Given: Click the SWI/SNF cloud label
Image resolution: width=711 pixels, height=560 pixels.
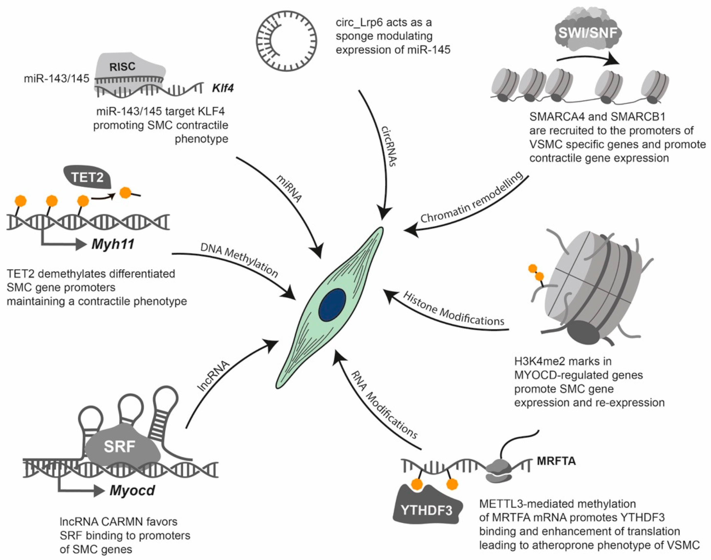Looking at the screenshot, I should point(588,33).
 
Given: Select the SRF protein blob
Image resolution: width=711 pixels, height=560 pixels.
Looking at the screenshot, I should point(120,447).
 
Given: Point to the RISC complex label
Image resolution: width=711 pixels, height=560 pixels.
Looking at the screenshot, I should point(122,67).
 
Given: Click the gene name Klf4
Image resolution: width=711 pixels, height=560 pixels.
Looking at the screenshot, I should point(223,88).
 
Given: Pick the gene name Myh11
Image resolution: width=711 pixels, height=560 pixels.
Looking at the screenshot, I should point(113,244).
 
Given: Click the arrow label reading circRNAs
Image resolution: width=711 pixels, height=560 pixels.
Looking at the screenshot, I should point(389,146).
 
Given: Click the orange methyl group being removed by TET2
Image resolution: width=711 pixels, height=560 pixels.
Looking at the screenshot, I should point(125,192).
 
